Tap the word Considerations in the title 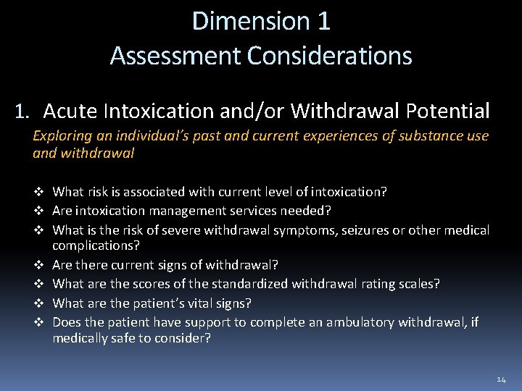(333, 56)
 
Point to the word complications (96, 246)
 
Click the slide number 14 (502, 379)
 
